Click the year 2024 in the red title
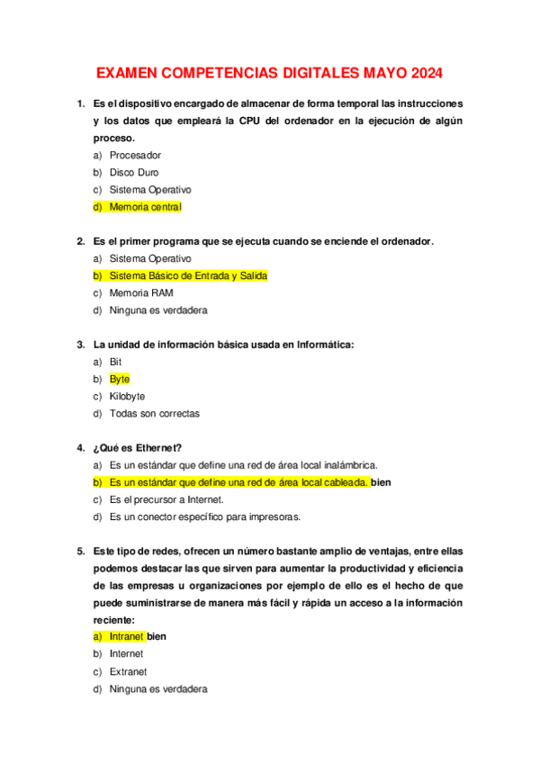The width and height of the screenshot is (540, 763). [423, 73]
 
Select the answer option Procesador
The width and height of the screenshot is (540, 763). [135, 156]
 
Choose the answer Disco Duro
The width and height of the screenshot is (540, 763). [134, 173]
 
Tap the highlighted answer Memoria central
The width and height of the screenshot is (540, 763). [145, 207]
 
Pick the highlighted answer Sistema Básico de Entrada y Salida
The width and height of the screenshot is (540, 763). [188, 275]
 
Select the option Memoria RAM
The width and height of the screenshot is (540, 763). [141, 292]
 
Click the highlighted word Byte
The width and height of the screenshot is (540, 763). [120, 379]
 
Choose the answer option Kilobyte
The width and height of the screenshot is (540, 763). [127, 396]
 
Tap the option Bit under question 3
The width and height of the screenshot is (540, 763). [115, 362]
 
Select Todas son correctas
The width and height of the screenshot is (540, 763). [154, 414]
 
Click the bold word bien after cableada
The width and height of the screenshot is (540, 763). [381, 482]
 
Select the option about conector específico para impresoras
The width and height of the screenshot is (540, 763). [205, 516]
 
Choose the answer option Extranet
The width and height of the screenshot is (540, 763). [129, 671]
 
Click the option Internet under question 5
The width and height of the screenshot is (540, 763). [126, 654]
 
